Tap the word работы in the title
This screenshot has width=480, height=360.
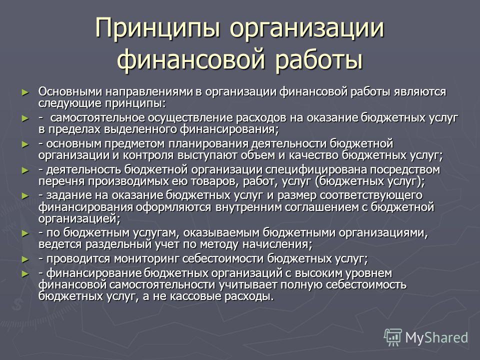click(x=318, y=59)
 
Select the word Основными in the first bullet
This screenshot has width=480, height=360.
click(x=70, y=91)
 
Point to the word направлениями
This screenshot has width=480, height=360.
click(x=148, y=91)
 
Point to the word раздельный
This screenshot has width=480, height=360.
click(x=119, y=244)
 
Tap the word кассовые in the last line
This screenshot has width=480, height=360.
click(x=194, y=296)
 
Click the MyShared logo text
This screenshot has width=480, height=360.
click(x=436, y=338)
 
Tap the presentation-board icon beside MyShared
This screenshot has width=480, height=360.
click(x=393, y=337)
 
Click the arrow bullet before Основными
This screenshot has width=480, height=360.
click(x=25, y=92)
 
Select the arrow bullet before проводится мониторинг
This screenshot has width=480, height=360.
click(x=25, y=259)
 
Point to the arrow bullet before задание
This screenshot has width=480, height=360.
click(x=25, y=196)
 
